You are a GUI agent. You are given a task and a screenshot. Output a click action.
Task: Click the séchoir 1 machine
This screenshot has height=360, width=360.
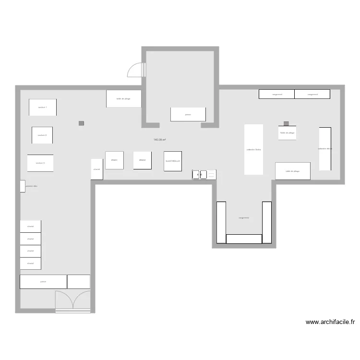point(42,107)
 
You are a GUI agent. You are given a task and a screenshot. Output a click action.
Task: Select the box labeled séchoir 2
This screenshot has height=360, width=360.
point(42,135)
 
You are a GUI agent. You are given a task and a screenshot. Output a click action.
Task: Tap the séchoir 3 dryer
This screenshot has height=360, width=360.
point(40,163)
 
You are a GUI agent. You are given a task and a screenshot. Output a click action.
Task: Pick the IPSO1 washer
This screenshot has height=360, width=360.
point(114,160)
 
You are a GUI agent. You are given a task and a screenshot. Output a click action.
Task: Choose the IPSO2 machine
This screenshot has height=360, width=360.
point(143,160)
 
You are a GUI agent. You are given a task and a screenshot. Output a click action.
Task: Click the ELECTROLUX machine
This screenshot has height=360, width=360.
point(173,161)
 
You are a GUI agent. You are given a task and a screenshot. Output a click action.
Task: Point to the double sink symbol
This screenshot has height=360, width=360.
point(204,174)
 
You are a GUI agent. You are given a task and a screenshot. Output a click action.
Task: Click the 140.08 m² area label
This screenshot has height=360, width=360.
point(160,140)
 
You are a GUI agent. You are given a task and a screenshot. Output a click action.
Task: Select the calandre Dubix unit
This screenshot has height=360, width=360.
point(254,149)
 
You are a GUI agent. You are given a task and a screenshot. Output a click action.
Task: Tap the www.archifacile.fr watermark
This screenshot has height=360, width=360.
point(330,323)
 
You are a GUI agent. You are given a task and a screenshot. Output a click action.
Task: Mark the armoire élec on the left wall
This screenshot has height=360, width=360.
point(23,186)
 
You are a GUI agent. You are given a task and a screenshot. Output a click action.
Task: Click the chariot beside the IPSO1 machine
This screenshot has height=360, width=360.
point(97,169)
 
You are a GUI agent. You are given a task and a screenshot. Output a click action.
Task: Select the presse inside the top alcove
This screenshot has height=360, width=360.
point(188,114)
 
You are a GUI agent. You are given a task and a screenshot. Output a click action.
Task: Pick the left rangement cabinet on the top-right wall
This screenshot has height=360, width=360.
point(276,94)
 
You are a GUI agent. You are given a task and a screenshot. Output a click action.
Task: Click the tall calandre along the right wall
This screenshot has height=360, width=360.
point(325,148)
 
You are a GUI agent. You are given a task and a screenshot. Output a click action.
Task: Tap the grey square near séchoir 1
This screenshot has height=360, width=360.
point(82,123)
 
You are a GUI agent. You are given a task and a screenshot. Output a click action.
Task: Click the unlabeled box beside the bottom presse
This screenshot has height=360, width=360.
point(79,282)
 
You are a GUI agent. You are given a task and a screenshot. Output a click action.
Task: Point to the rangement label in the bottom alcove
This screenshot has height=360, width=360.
point(244,217)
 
